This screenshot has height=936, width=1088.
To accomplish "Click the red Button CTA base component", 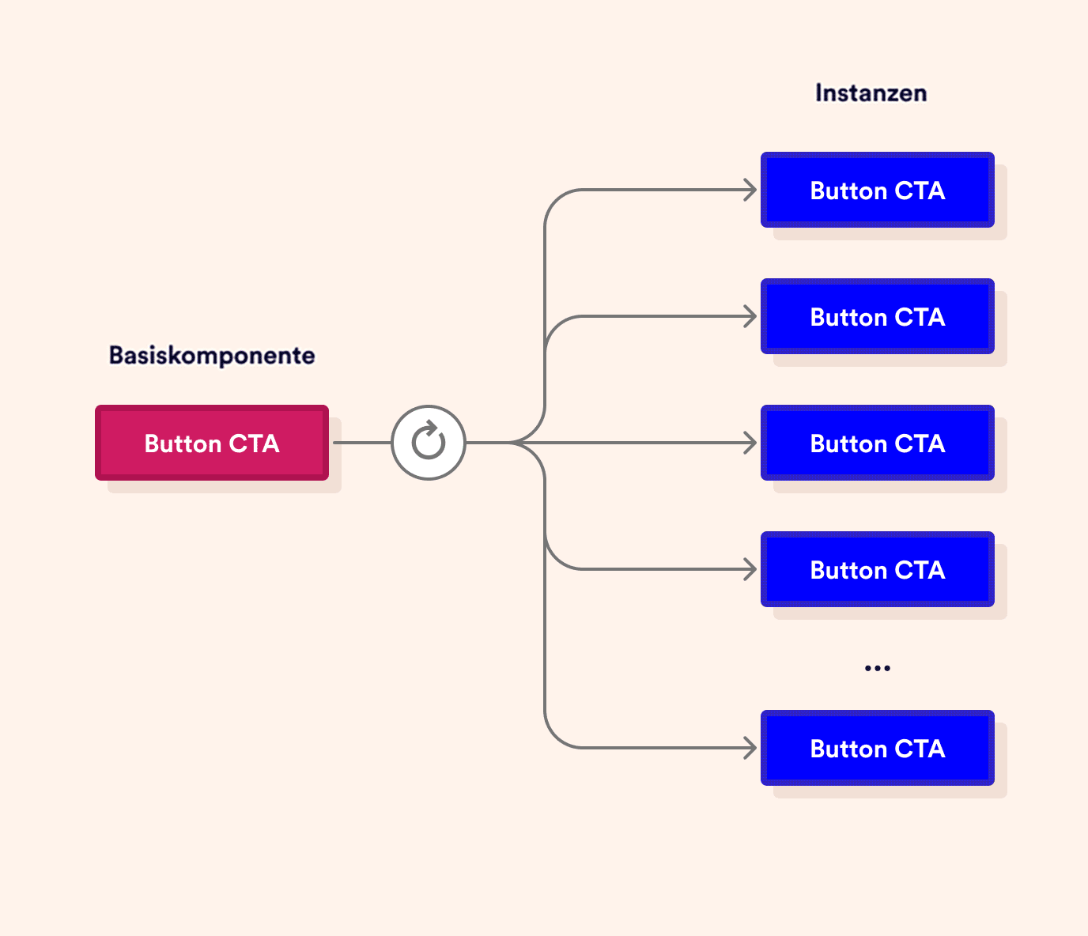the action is tap(212, 443).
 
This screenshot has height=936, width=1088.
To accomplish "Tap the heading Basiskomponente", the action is tap(212, 355).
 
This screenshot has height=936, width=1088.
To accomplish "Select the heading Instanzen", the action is tap(871, 93).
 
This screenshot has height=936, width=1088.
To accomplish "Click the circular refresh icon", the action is tap(429, 443).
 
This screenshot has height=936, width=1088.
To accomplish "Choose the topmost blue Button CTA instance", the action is tap(877, 190).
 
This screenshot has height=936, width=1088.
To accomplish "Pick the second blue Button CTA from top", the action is tap(877, 316).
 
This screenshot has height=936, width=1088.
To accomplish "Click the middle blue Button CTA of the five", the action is tap(877, 443).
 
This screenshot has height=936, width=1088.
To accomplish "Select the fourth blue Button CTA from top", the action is tap(877, 569).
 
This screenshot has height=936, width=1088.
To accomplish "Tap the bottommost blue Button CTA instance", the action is tap(877, 748).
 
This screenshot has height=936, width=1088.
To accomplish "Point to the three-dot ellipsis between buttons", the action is tap(877, 668).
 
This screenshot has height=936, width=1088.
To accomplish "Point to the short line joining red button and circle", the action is tap(362, 443).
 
